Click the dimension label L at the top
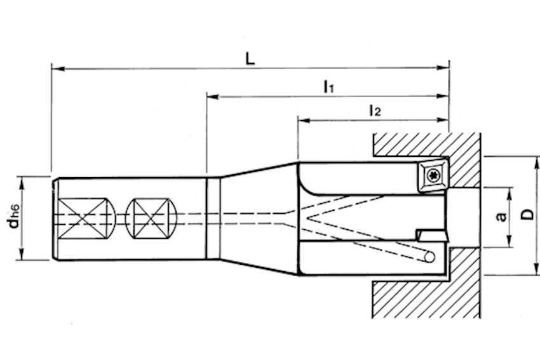click(x=250, y=59)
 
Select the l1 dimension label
click(x=329, y=86)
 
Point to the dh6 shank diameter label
click(x=14, y=217)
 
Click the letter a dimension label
click(x=501, y=217)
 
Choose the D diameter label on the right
click(x=527, y=215)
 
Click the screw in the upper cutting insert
click(x=433, y=175)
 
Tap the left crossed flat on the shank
click(x=83, y=218)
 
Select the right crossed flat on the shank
click(x=152, y=218)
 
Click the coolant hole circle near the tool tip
click(x=429, y=257)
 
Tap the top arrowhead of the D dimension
click(x=536, y=163)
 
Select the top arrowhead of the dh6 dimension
click(x=22, y=182)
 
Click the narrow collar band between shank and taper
click(x=213, y=218)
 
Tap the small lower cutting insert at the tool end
click(x=433, y=236)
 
